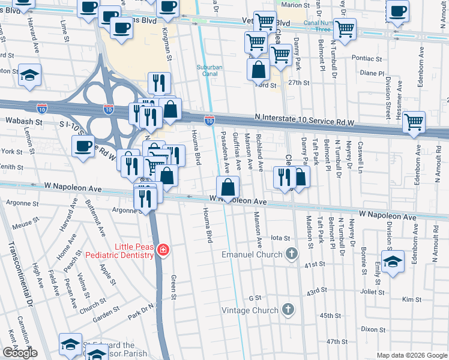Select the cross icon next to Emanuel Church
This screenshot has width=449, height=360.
pos(292,254)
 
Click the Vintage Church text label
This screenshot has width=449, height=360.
pos(250,310)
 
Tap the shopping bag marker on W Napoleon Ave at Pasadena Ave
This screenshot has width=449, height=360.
pos(228,188)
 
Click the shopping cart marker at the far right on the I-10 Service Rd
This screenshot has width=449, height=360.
pos(414,122)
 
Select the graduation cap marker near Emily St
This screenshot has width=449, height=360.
pos(393,262)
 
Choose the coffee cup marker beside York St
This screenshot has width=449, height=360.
pos(83,146)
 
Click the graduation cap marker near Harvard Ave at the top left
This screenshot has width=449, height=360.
pos(29,75)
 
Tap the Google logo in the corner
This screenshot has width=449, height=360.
pos(20,353)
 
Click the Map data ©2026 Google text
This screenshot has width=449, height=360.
pos(411,355)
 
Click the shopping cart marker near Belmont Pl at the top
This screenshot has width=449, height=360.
pos(345,29)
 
